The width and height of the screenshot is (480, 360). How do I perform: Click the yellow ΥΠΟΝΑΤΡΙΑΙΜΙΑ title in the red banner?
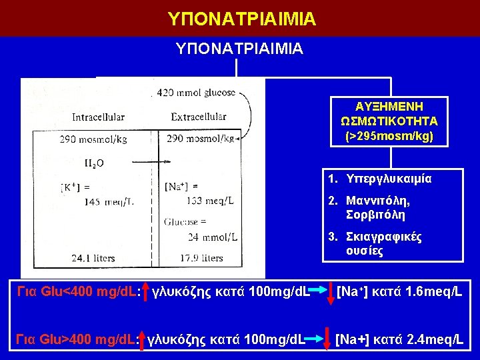coord(241,18)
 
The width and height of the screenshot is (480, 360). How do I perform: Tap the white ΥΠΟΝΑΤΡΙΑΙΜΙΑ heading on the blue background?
coord(239,49)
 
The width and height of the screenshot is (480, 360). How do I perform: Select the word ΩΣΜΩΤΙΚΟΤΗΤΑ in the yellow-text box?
coord(389,121)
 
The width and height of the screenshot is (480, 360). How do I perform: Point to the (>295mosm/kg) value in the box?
coord(389,136)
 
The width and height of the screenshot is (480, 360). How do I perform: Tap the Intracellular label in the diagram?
coord(98,117)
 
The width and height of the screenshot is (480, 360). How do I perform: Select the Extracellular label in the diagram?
coord(199,117)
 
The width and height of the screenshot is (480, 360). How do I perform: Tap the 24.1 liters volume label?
coord(93,258)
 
